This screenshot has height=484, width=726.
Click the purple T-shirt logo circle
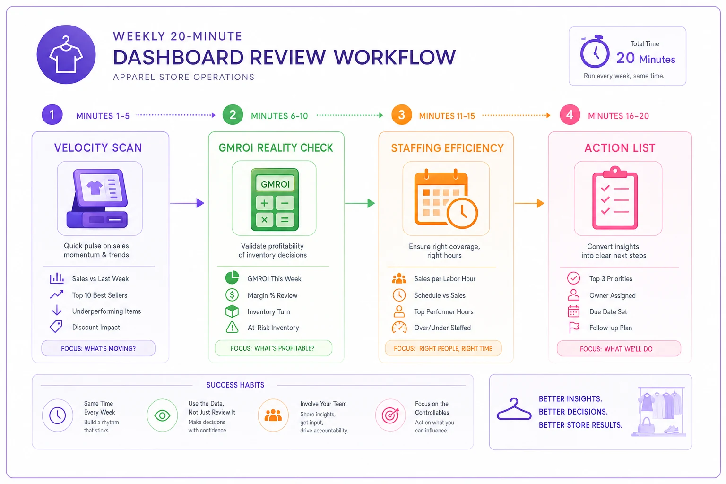[66, 54]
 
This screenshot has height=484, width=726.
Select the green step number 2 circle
[233, 115]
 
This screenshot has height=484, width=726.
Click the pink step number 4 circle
[570, 115]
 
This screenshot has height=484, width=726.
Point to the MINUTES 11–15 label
[447, 116]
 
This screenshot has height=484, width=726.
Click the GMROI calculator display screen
[275, 184]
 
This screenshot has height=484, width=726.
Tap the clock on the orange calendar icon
[462, 213]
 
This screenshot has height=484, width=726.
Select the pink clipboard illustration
[615, 198]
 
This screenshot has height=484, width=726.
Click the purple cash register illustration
[97, 198]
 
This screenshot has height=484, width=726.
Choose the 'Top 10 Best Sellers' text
[100, 295]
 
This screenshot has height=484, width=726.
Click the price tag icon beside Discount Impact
[56, 327]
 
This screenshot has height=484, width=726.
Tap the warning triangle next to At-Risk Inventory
[232, 327]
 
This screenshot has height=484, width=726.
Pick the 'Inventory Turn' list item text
[268, 312]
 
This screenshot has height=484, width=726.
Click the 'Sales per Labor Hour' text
[445, 279]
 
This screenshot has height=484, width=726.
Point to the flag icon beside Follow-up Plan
[574, 328]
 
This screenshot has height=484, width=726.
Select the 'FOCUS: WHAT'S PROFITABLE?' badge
[273, 348]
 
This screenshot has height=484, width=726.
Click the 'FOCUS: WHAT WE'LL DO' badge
[619, 349]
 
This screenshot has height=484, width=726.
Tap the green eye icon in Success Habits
[163, 415]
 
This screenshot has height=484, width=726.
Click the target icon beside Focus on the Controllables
[390, 415]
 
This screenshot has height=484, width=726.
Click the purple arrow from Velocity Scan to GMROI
[187, 203]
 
